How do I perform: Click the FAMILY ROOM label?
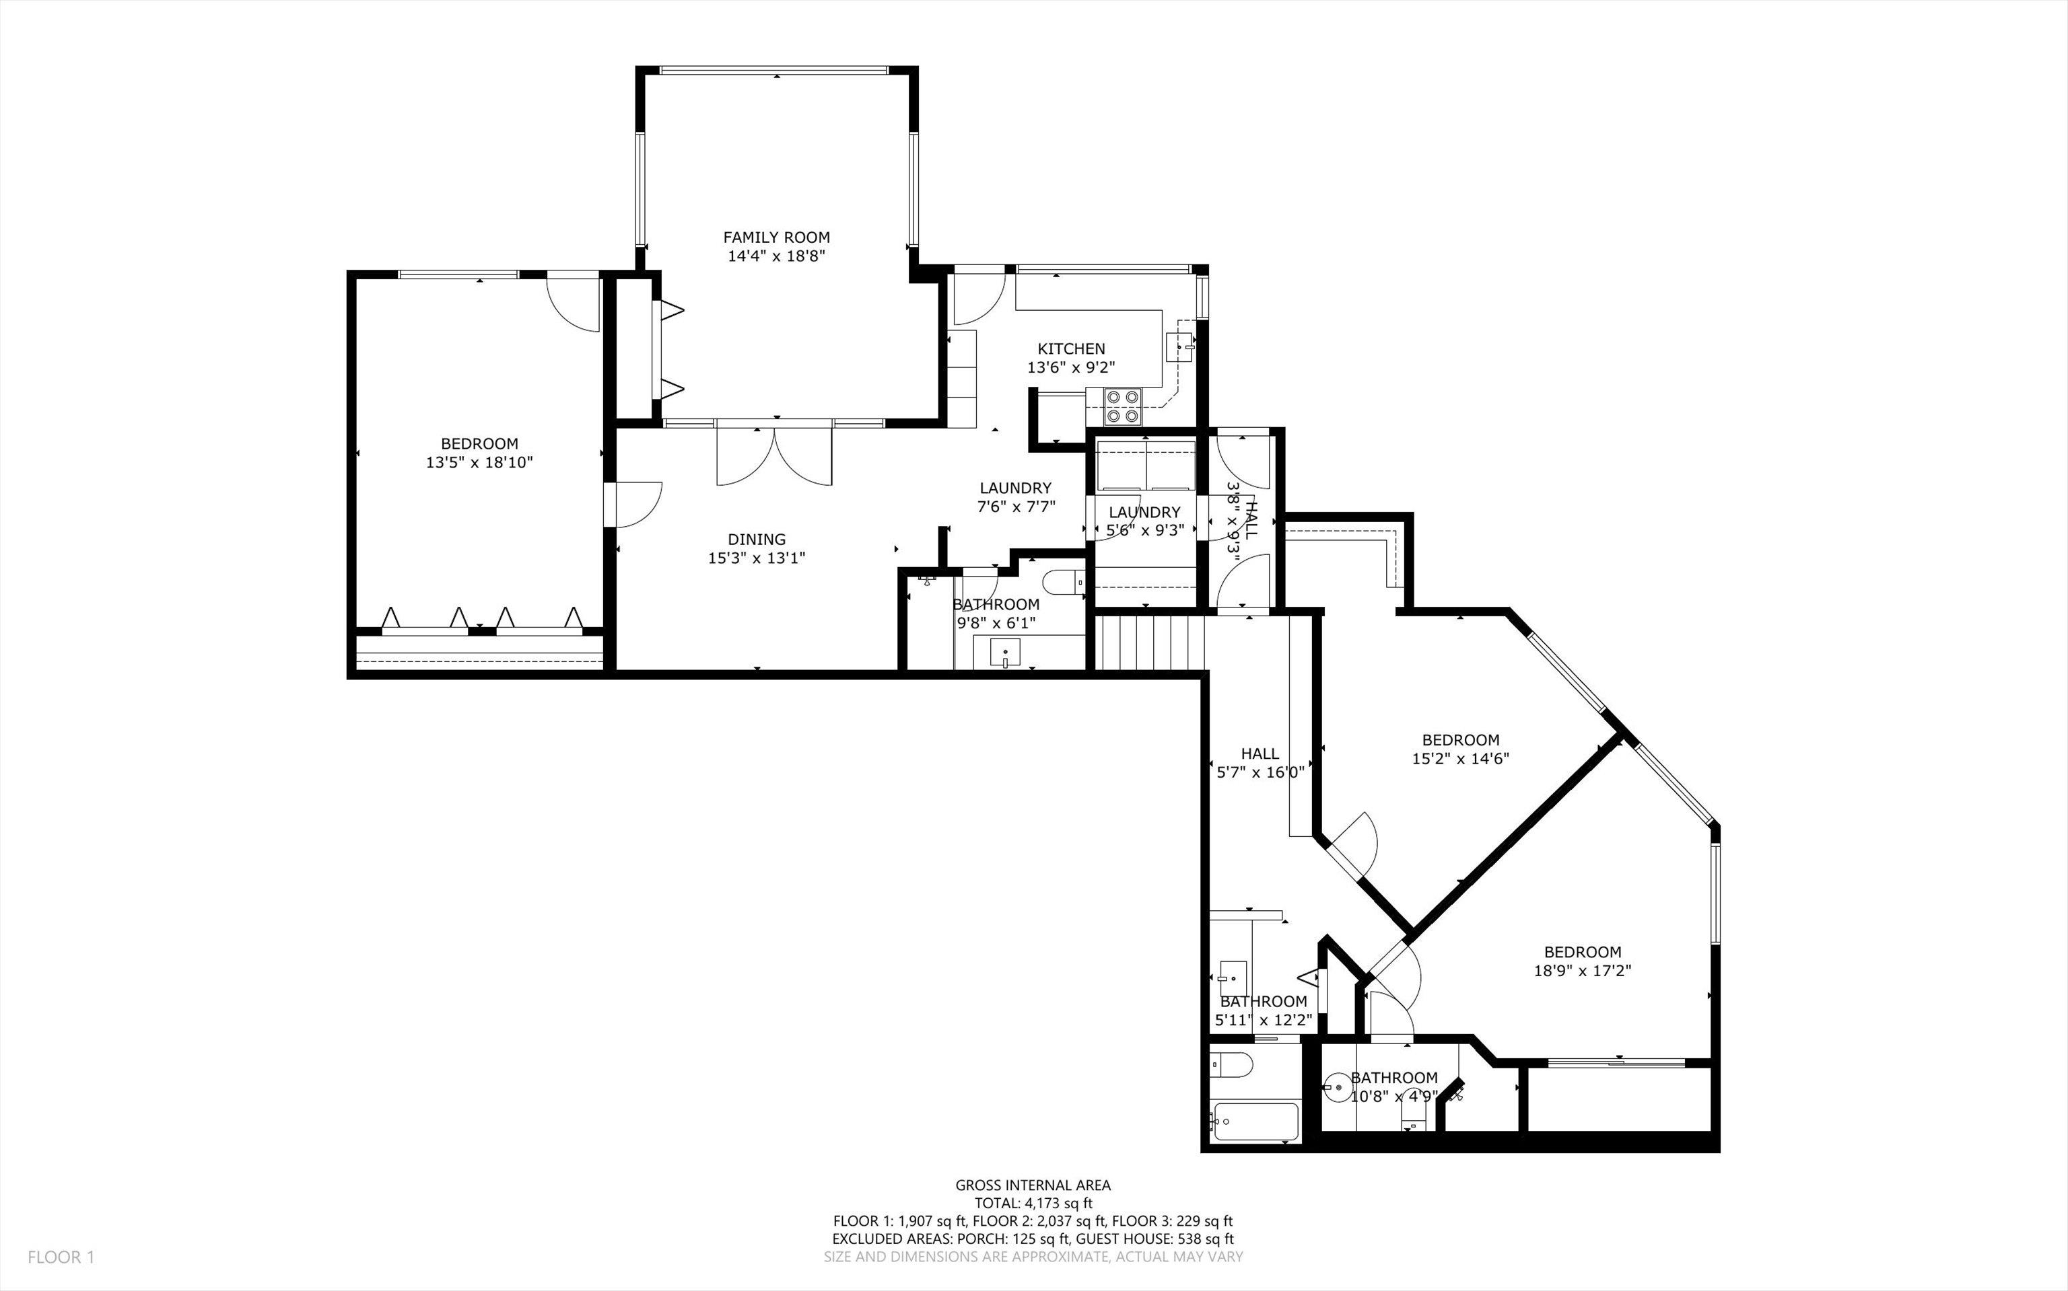point(776,237)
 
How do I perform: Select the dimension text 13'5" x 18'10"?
point(479,462)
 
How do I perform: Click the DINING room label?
point(756,539)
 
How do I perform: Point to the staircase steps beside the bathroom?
point(1150,642)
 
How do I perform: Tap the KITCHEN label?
point(1071,348)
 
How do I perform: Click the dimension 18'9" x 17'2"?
point(1582,970)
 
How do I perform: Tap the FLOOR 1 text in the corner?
point(61,1257)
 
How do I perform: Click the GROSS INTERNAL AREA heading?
point(1033,1185)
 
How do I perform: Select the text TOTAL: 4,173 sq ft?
point(1033,1203)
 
